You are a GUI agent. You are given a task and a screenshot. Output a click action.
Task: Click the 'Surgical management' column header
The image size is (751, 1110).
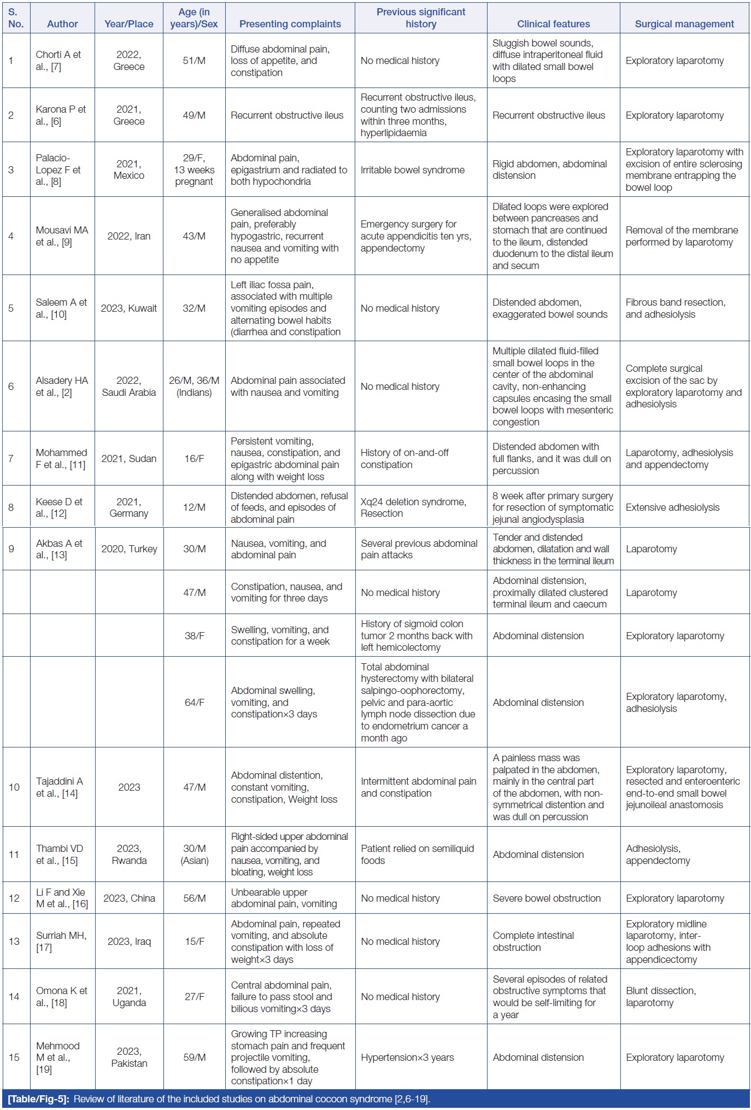[684, 24]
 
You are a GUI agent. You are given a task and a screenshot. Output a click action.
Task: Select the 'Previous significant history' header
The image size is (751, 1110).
[421, 17]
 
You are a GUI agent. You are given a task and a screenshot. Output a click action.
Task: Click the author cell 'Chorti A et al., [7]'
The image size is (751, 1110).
[58, 61]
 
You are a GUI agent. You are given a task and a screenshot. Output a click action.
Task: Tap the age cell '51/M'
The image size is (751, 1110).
[194, 61]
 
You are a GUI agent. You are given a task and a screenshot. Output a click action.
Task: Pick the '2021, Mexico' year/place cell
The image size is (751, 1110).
[129, 170]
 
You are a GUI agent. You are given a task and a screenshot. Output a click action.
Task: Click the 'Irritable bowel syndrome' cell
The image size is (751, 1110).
[413, 170]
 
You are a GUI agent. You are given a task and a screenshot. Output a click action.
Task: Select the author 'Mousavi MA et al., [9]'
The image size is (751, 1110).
[62, 236]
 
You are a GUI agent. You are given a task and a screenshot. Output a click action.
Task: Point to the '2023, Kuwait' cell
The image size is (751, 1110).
[129, 308]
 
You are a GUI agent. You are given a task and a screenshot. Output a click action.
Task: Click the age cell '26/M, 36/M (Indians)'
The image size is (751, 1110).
[194, 386]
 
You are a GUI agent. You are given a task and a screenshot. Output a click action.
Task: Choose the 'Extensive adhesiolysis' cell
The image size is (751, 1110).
[672, 507]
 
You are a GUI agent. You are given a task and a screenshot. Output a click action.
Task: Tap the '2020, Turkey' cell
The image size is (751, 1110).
[129, 549]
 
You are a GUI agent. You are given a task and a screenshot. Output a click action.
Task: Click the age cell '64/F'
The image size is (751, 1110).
[194, 702]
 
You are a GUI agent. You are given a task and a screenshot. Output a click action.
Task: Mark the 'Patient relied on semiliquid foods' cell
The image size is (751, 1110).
[417, 854]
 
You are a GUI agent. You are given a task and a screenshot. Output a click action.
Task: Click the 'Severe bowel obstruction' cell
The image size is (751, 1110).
[547, 898]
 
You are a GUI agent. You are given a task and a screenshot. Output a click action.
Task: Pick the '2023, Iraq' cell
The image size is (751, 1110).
[129, 941]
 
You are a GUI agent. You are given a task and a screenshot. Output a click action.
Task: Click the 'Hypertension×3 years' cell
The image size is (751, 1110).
[407, 1057]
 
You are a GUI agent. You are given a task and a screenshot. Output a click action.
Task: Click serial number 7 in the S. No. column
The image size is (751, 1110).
[11, 458]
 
